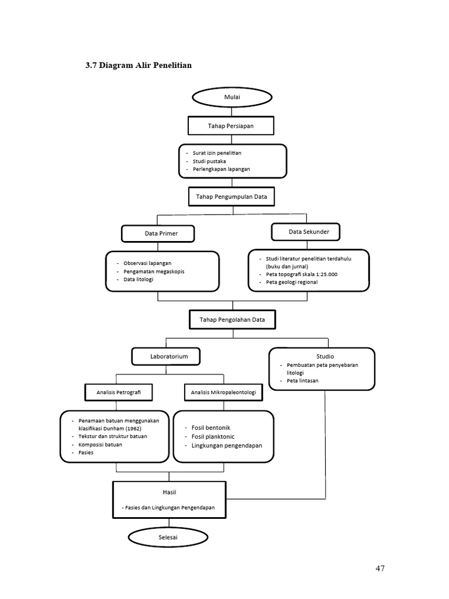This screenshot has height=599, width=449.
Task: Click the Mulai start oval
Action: pos(232,98)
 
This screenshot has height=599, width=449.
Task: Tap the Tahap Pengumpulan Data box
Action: pos(232,197)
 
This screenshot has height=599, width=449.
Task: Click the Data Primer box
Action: pos(158,233)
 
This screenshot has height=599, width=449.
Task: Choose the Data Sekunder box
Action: pos(309,232)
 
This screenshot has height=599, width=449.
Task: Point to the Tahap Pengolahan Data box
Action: pos(232,320)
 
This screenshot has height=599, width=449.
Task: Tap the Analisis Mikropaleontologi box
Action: pos(223,392)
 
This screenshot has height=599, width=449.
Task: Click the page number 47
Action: pos(380,568)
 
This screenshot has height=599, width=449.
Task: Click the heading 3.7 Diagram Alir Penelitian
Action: pos(139,66)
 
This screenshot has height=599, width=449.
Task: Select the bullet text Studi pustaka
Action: pos(209,161)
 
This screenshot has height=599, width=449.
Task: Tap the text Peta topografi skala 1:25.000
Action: pos(302,274)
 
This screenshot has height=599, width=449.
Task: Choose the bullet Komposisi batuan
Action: pos(100,445)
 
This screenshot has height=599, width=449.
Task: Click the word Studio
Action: pos(325,356)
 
